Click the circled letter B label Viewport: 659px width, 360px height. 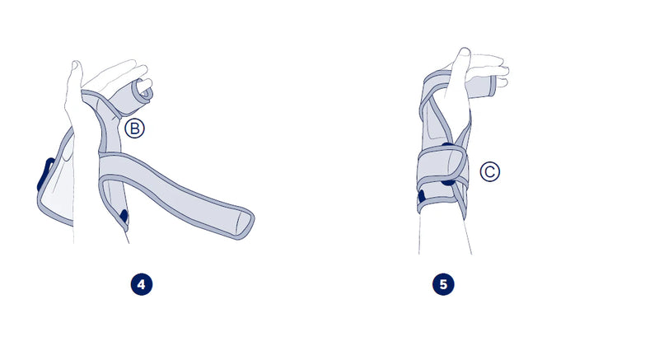(x=134, y=129)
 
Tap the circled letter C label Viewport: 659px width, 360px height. (x=489, y=172)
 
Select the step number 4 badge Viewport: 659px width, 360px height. (x=142, y=284)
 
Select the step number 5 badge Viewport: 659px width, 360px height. (x=443, y=284)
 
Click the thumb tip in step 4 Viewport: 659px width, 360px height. (x=76, y=64)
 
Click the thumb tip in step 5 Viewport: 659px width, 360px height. (x=464, y=50)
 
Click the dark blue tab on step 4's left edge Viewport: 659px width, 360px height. (x=45, y=174)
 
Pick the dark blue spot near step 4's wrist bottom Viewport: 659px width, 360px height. (x=124, y=216)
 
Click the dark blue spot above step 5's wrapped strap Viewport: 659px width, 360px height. (x=448, y=145)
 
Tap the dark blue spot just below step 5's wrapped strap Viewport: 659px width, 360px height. (x=448, y=182)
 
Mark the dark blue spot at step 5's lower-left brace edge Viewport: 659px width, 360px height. (x=422, y=197)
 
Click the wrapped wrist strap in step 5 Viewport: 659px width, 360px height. (x=442, y=168)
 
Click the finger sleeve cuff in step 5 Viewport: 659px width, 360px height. (x=484, y=87)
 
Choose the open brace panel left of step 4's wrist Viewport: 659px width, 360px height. (x=57, y=185)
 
